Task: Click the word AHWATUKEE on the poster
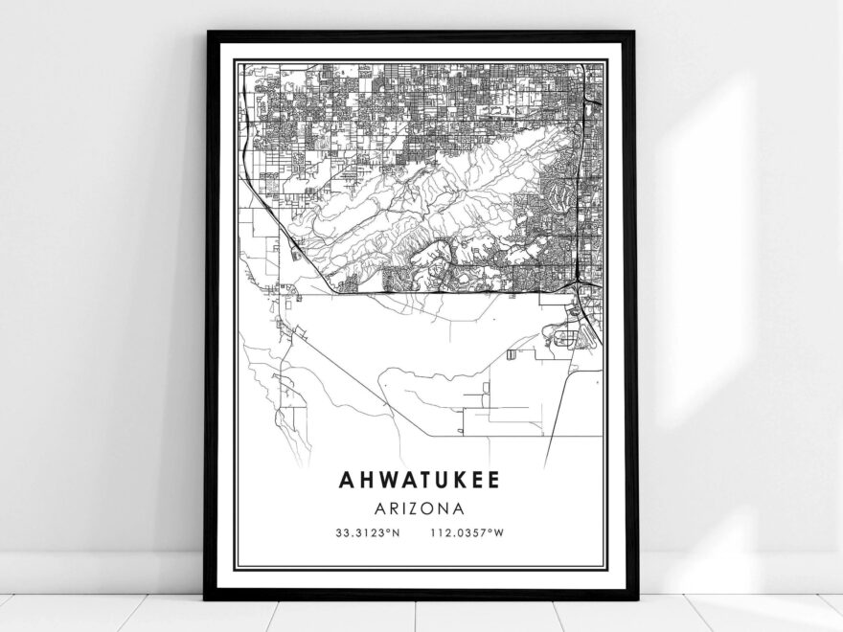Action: pyautogui.click(x=418, y=478)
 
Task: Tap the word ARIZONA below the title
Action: pyautogui.click(x=420, y=508)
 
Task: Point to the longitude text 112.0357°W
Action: pyautogui.click(x=468, y=532)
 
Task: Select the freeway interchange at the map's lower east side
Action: pyautogui.click(x=581, y=285)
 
